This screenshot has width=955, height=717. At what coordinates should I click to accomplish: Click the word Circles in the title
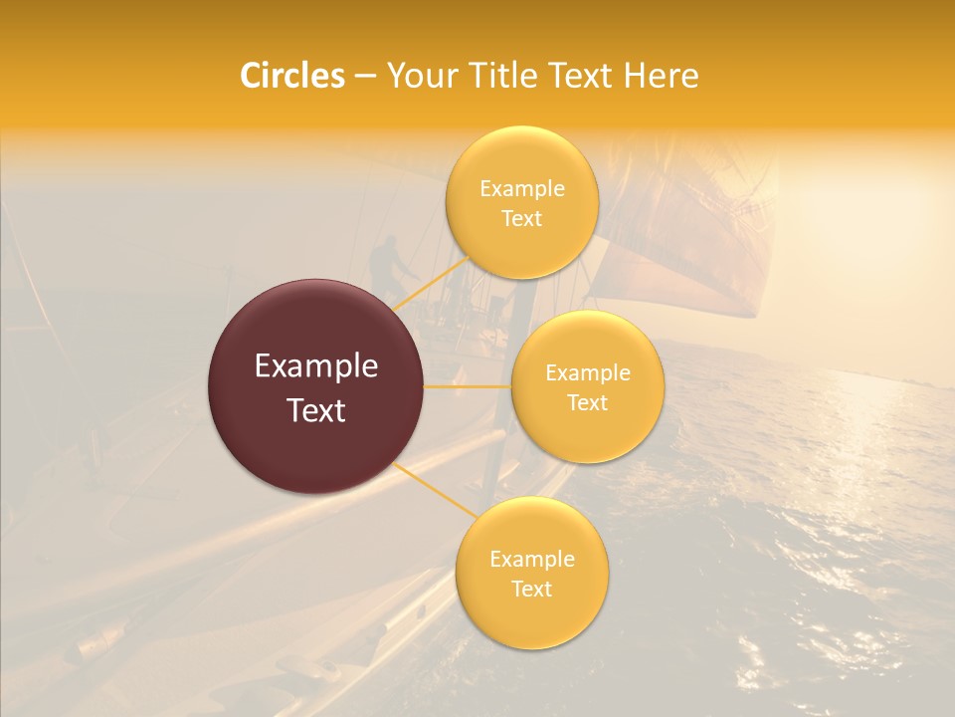292,76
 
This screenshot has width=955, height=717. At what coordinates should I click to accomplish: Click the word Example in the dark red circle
316,366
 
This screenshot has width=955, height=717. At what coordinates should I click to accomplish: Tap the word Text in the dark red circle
316,410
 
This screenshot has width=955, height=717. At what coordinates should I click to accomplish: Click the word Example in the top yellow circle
522,189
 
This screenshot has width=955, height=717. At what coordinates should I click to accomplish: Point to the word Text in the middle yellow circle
588,402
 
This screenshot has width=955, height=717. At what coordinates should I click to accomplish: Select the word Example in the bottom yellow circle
531,560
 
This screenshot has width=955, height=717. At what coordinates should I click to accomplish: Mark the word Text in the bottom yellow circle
531,589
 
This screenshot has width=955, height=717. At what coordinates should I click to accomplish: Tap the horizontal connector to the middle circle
468,385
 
